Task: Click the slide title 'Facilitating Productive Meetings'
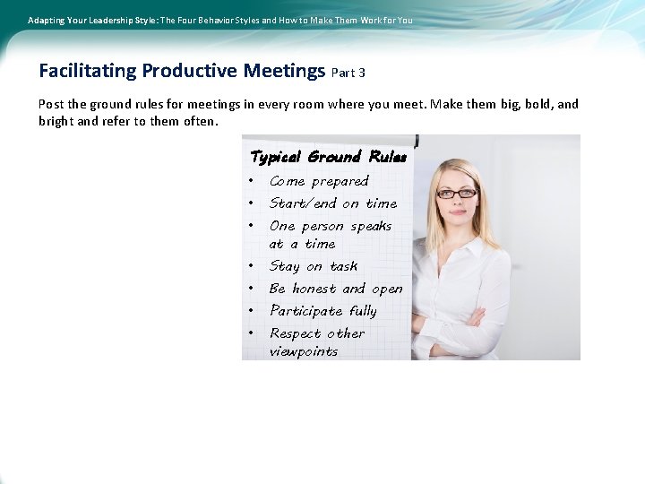[x=182, y=71]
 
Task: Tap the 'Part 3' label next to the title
[x=348, y=73]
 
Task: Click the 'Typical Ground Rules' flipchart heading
[x=328, y=157]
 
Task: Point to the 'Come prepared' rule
[x=319, y=181]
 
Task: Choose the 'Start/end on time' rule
[x=332, y=203]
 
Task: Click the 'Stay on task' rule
[x=314, y=266]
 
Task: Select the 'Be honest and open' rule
[x=336, y=289]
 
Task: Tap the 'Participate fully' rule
[x=322, y=311]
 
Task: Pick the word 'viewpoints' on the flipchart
[x=304, y=351]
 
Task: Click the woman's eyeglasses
[x=456, y=194]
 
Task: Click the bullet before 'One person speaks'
[x=253, y=226]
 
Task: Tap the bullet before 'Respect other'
[x=253, y=333]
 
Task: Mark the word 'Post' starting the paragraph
[x=51, y=104]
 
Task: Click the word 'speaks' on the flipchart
[x=371, y=226]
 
